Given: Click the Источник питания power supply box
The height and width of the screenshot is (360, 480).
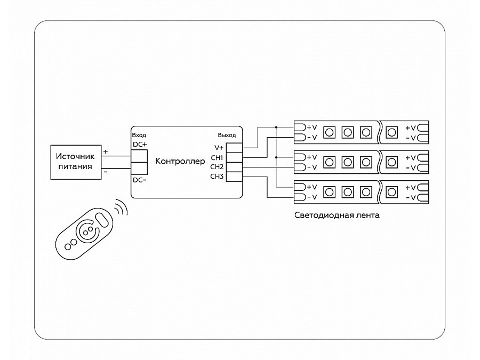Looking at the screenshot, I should tap(75, 162).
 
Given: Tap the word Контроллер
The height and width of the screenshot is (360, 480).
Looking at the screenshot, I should tap(180, 161).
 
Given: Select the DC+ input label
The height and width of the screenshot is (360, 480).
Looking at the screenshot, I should tap(139, 145).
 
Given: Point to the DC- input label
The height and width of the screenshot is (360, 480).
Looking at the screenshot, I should tap(139, 180).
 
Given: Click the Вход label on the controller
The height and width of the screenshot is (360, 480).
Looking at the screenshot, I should tap(139, 135).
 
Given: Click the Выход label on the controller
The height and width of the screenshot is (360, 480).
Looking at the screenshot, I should tap(227, 135).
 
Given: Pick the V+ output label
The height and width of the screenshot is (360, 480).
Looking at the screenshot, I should tap(219, 148).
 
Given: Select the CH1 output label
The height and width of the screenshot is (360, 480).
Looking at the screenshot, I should tap(217, 157).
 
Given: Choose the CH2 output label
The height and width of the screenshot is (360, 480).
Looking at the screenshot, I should tap(217, 167).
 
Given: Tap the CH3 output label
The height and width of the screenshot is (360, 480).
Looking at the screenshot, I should tap(217, 177).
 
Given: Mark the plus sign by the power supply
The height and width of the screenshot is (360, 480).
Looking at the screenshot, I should tap(105, 152).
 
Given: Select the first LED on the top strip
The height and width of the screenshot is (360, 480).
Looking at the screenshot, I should tap(329, 132).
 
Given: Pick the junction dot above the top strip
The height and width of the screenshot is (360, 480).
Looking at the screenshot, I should tap(276, 127).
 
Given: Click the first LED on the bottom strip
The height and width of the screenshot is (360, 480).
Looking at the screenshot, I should tap(329, 191).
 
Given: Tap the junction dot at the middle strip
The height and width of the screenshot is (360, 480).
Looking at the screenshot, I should tap(276, 157).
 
